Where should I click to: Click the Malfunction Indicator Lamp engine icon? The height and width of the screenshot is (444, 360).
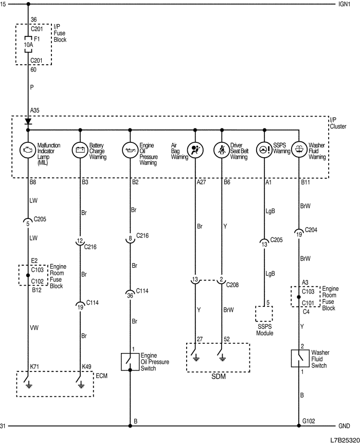pos(27,150)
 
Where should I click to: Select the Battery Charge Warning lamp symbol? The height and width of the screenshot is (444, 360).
pos(80,150)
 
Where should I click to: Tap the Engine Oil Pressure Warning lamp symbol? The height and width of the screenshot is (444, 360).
pos(130,150)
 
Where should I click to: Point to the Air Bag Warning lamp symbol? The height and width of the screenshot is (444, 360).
pos(195,150)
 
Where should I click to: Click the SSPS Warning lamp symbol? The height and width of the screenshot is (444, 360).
pos(264,150)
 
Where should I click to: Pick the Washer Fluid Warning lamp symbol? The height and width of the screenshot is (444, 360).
pos(299,150)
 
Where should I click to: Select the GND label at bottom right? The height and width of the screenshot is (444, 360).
pos(344,426)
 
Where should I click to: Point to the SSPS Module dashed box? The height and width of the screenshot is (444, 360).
pos(264,314)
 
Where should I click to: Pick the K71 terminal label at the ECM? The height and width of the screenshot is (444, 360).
pos(34,366)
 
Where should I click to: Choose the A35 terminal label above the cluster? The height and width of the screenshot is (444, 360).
pos(34,110)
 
